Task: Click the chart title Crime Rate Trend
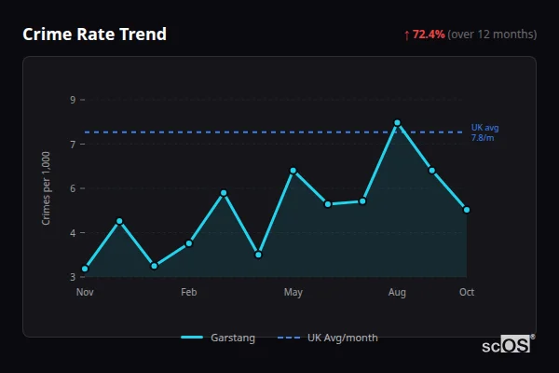(x=94, y=35)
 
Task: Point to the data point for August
(x=397, y=122)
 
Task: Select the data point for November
(x=85, y=269)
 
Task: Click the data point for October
(x=467, y=210)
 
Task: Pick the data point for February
(x=189, y=243)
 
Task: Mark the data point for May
(x=293, y=171)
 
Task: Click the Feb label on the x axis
(x=189, y=293)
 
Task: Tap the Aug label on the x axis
(x=397, y=293)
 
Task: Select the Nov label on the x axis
(x=85, y=293)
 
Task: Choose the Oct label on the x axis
(x=467, y=293)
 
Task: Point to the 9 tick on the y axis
(x=73, y=99)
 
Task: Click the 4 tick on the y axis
(x=73, y=232)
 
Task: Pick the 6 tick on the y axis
(x=73, y=188)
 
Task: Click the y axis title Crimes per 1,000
(x=47, y=188)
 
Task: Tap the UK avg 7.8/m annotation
(x=484, y=132)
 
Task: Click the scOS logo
(x=507, y=345)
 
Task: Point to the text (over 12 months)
(x=492, y=35)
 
